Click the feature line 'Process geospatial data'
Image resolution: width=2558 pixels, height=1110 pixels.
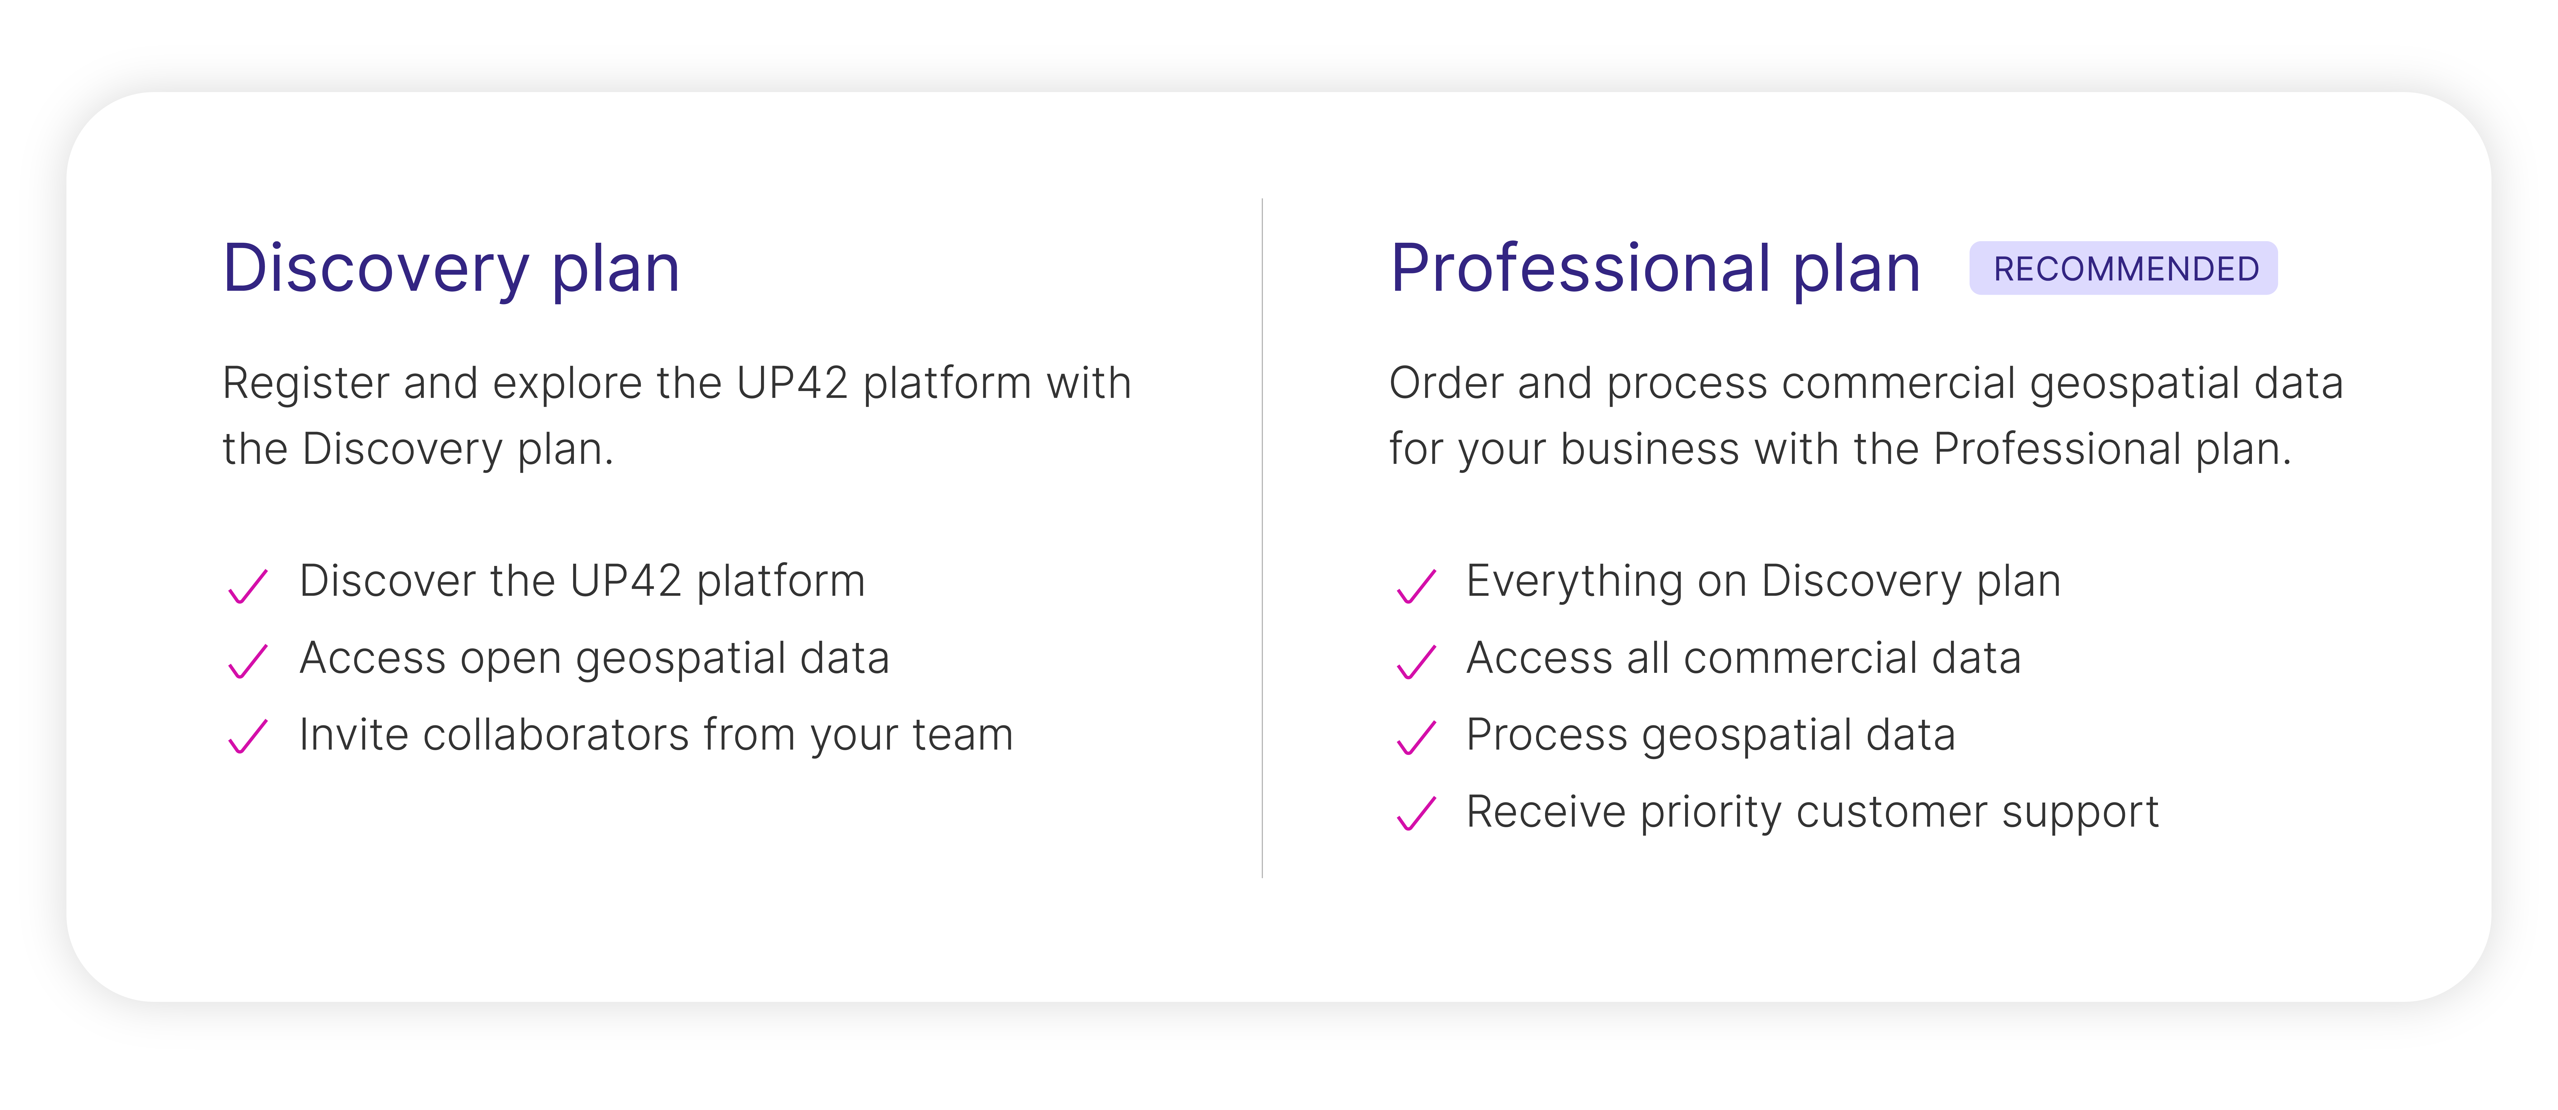coord(1710,736)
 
